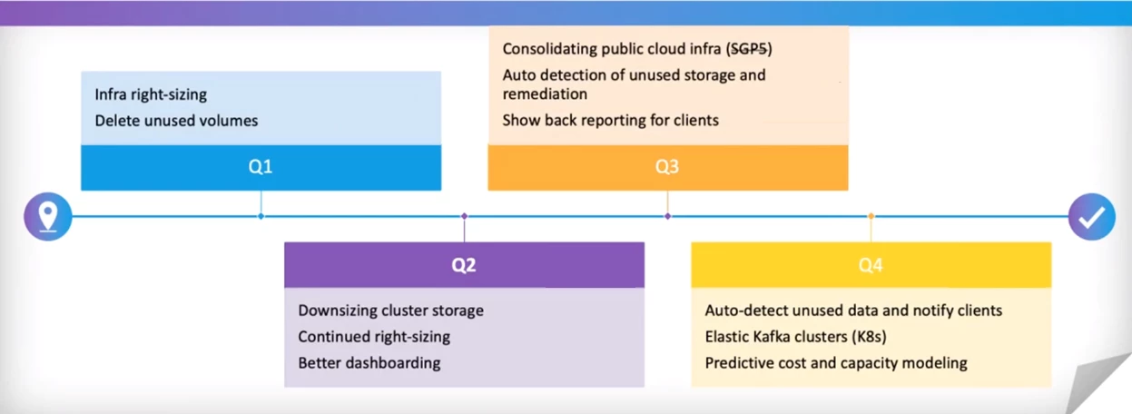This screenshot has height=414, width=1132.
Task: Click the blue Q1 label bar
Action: [261, 168]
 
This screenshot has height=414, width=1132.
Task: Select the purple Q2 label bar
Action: [464, 265]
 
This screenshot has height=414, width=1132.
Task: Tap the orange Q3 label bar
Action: [667, 167]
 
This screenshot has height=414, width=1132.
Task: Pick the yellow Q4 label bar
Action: [871, 265]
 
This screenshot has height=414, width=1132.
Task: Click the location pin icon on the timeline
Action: [47, 216]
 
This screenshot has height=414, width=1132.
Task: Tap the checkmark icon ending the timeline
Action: [1091, 216]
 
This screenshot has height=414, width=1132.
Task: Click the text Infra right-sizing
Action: [151, 94]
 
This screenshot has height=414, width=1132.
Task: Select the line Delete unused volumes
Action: [176, 120]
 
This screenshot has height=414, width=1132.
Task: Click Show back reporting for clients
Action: [610, 119]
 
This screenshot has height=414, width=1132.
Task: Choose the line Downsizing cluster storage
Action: [390, 310]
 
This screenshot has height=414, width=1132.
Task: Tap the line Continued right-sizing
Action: [374, 337]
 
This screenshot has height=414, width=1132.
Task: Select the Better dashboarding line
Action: [369, 362]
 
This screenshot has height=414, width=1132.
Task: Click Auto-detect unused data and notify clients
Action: [853, 310]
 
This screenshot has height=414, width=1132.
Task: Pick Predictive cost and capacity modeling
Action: [836, 363]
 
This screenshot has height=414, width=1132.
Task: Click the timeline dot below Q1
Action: [261, 216]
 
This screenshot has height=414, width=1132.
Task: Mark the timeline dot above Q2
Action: [464, 216]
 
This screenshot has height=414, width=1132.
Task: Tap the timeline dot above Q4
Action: [871, 216]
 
